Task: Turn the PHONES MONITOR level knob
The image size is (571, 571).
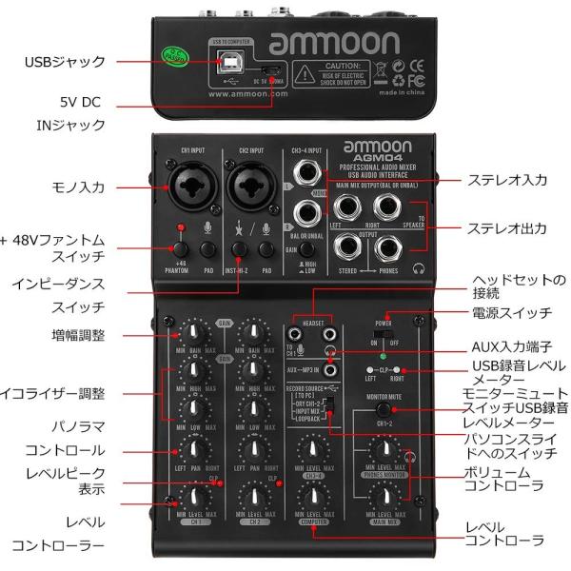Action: [x=384, y=451]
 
